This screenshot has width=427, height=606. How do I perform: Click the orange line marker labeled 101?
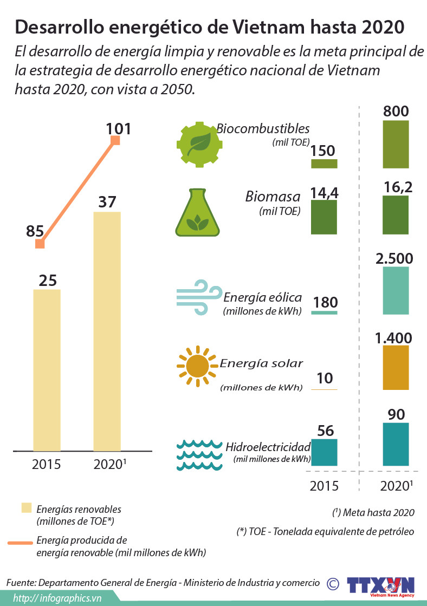pyautogui.click(x=115, y=141)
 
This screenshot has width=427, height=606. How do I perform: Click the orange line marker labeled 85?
pyautogui.click(x=40, y=244)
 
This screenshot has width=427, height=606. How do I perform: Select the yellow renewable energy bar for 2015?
pyautogui.click(x=47, y=370)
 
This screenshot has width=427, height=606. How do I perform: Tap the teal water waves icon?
pyautogui.click(x=199, y=454)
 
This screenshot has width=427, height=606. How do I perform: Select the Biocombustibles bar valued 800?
pyautogui.click(x=396, y=145)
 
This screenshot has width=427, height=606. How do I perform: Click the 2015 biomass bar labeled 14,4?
pyautogui.click(x=324, y=217)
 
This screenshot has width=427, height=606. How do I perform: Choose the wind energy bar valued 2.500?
pyautogui.click(x=396, y=291)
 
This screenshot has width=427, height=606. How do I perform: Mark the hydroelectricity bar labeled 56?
pyautogui.click(x=324, y=452)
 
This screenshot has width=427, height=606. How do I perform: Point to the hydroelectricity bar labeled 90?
pyautogui.click(x=396, y=444)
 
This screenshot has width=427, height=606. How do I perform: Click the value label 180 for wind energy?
pyautogui.click(x=325, y=302)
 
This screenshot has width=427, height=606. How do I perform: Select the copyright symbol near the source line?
pyautogui.click(x=333, y=583)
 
